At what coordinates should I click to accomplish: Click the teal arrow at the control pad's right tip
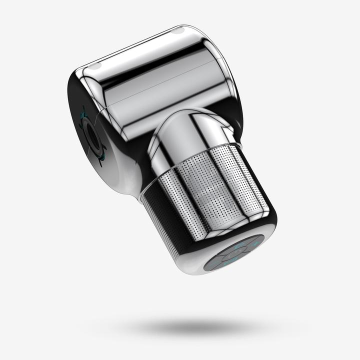pos(256,243)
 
